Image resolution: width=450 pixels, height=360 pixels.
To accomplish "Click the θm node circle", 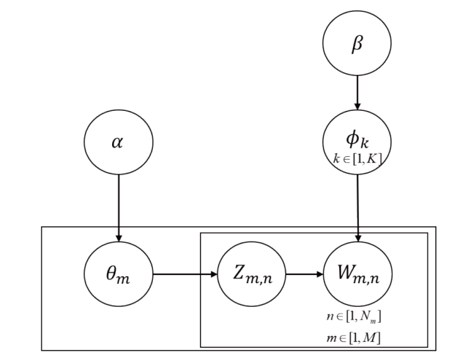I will (x=118, y=273).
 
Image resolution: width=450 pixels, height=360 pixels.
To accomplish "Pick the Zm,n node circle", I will (x=244, y=273).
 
